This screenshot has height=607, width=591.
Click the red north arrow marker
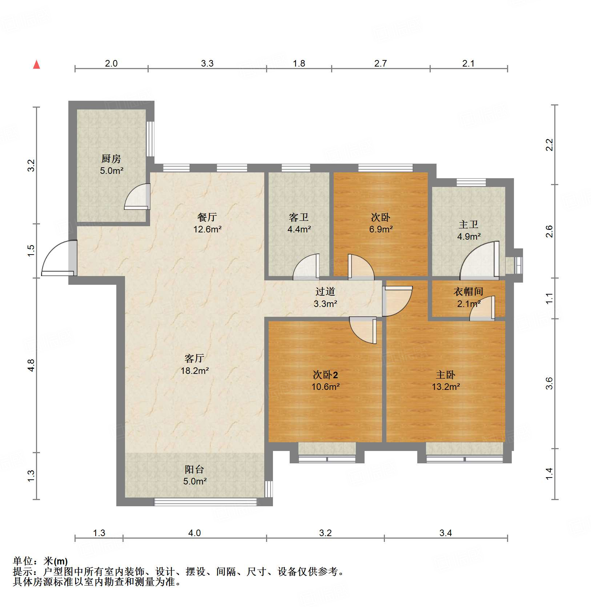(36, 64)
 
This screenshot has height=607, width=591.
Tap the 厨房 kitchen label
(111, 159)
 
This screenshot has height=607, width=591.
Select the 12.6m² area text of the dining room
(208, 229)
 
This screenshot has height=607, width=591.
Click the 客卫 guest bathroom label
(299, 217)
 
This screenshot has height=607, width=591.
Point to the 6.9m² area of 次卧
(381, 229)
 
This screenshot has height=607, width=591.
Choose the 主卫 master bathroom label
(469, 225)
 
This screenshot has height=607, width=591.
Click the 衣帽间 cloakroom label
(469, 292)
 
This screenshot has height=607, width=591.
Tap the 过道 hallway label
(325, 292)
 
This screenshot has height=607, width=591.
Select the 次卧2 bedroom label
(325, 375)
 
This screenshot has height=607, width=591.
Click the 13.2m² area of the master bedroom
(446, 387)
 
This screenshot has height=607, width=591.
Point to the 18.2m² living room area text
(195, 371)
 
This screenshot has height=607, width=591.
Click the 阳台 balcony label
(194, 470)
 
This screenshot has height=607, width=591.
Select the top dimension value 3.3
(207, 64)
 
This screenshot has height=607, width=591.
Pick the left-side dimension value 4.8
(31, 365)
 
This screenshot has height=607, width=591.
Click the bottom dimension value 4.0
(194, 533)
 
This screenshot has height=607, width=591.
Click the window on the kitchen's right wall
(150, 139)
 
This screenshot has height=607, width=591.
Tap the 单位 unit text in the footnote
(23, 561)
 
